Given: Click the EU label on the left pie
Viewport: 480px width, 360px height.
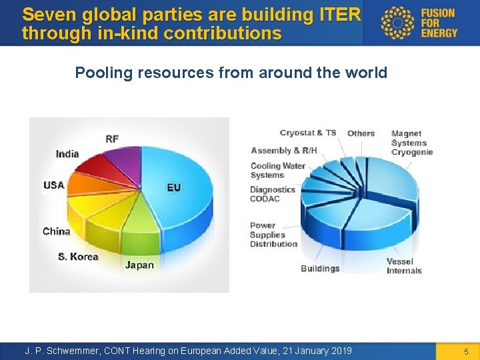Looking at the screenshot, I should point(174,187).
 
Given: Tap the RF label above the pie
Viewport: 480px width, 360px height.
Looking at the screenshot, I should point(112,139).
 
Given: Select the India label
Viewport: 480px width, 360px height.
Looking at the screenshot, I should point(67,154).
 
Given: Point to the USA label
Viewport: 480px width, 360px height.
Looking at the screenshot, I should point(54,185).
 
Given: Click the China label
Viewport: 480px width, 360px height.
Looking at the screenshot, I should point(56,231).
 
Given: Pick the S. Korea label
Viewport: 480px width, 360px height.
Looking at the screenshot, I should point(78,257).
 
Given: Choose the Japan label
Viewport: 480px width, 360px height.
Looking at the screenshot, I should point(139,265).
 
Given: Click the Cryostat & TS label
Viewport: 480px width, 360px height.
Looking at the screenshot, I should point(308,133).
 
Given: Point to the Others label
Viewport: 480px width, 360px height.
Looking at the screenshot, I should point(361,133).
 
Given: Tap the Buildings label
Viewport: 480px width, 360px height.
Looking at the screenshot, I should point(320,269).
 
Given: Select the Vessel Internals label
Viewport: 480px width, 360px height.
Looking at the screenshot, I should point(404,266).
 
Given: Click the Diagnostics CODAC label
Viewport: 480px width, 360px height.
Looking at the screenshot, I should point(273,194).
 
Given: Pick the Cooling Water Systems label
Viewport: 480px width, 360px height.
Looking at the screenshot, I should point(277,171).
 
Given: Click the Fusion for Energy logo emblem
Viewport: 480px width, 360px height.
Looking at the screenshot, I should point(397,23).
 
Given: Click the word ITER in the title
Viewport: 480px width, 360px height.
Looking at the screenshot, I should point(341,14).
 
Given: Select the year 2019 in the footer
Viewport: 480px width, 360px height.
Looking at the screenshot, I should point(341,351).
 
